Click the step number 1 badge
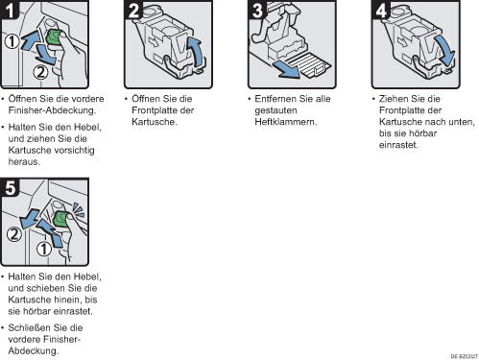point(10,10)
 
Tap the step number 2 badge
point(133,10)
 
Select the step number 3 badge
point(257,10)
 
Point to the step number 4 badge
point(381,10)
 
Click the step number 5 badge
point(10,187)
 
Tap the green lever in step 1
point(53,37)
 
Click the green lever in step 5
point(60,219)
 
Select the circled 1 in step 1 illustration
point(12,41)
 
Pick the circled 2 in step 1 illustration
point(40,72)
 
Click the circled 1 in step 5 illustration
point(44,249)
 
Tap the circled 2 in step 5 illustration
point(14,234)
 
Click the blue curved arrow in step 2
point(196,51)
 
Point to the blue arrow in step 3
point(286,69)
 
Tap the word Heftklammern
point(286,122)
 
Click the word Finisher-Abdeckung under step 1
point(52,110)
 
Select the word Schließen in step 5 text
point(30,327)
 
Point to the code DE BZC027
point(464,356)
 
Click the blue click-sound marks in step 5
point(78,209)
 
